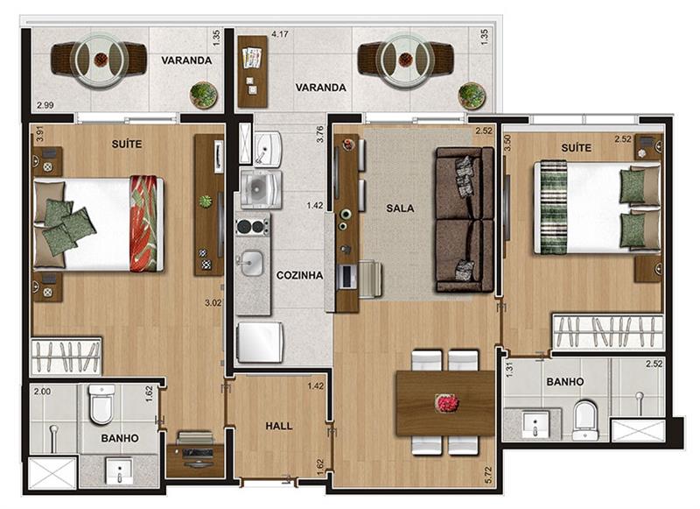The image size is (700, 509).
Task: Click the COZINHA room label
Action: (x=299, y=275)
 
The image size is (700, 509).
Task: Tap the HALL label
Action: (x=279, y=426)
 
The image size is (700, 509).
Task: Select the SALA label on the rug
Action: (x=400, y=208)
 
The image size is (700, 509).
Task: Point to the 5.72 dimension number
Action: (x=488, y=475)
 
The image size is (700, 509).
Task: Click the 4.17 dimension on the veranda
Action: (x=280, y=34)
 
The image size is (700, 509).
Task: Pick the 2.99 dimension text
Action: (x=45, y=105)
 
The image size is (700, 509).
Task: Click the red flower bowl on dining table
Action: (x=446, y=402)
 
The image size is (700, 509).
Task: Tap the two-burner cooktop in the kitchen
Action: (x=253, y=226)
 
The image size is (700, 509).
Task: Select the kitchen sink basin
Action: (x=252, y=262)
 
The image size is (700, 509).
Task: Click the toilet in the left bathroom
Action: (x=101, y=404)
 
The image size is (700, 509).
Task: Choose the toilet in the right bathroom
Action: (x=585, y=420)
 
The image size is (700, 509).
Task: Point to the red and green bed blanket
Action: (x=143, y=223)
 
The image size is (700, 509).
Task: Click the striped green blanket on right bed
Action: (x=554, y=208)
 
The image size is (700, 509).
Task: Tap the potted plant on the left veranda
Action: (x=204, y=95)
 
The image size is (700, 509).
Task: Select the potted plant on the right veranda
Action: (x=472, y=95)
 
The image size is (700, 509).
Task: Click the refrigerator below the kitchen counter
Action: (x=260, y=342)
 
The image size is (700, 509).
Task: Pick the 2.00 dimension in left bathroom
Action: (x=42, y=392)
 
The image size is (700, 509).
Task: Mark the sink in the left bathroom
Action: (x=120, y=470)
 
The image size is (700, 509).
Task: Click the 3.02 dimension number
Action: (x=213, y=302)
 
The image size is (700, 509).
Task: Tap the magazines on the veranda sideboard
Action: (x=251, y=58)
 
